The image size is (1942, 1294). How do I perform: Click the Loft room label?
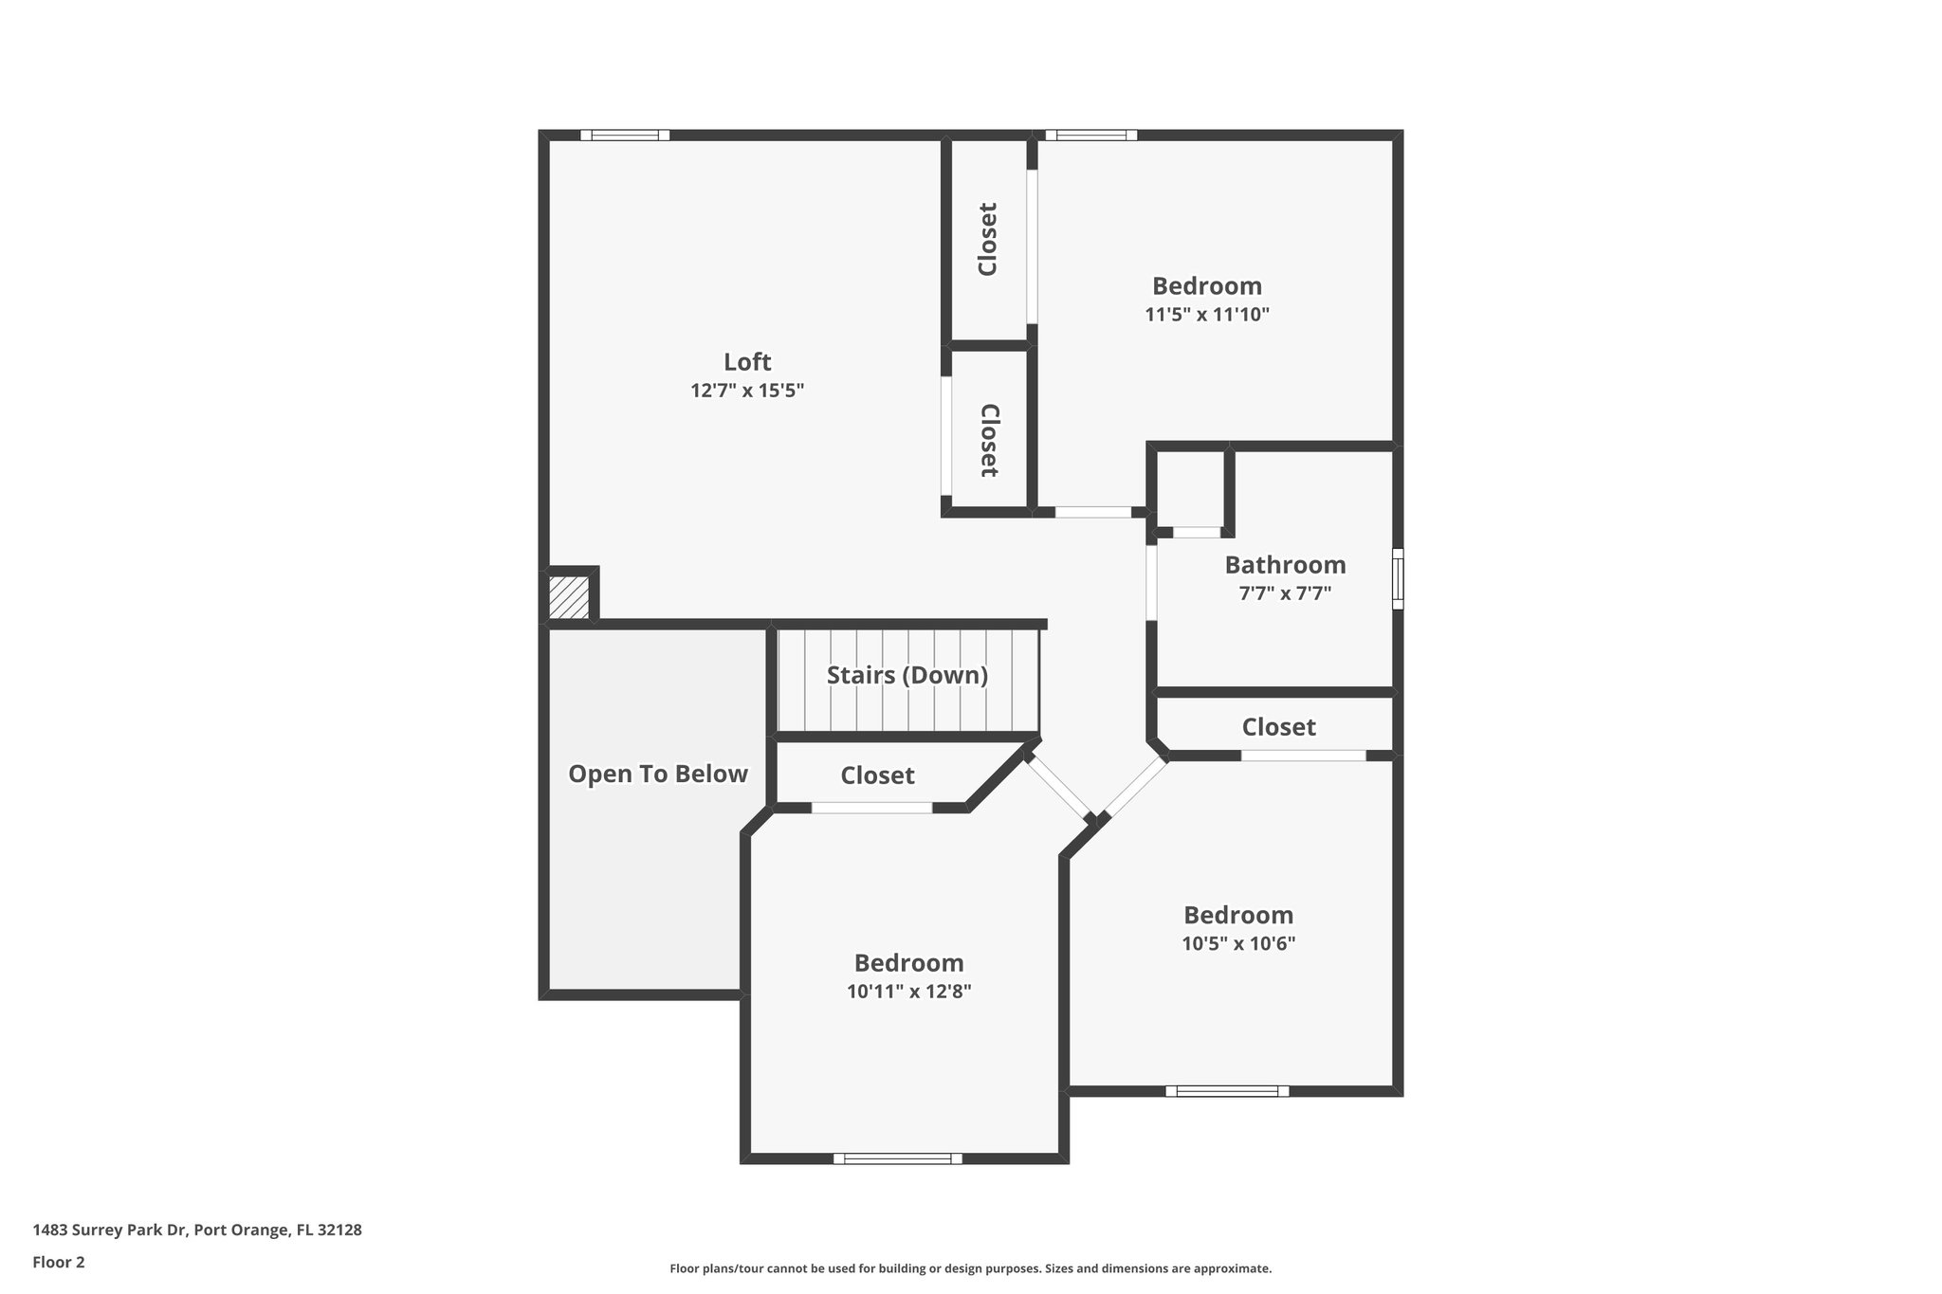point(747,362)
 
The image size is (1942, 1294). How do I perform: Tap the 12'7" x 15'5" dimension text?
point(747,391)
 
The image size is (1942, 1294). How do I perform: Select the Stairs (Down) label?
point(907,676)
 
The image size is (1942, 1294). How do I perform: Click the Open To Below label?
point(657,775)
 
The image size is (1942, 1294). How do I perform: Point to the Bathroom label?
point(1285,565)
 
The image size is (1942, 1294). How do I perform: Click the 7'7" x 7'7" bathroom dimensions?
point(1285,594)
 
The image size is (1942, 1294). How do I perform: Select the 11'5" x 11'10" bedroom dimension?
point(1206,315)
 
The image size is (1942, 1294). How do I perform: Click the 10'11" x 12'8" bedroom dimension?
point(908,993)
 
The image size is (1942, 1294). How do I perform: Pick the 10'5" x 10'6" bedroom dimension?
point(1237,944)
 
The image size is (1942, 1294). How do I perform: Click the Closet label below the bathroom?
point(1278,727)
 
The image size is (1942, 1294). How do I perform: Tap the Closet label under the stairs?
point(877,776)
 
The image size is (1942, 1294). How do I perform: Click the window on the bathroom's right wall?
point(1397,578)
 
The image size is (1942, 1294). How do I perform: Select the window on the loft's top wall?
point(625,136)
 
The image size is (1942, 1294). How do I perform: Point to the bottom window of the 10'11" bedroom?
point(897,1158)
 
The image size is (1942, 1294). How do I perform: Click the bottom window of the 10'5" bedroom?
point(1226,1091)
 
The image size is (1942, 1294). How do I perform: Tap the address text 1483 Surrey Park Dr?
point(197,1230)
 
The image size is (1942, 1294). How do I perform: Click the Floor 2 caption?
point(59,1263)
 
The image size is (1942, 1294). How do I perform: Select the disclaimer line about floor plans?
point(970,1268)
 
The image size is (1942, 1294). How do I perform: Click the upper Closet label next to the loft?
point(987,239)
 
